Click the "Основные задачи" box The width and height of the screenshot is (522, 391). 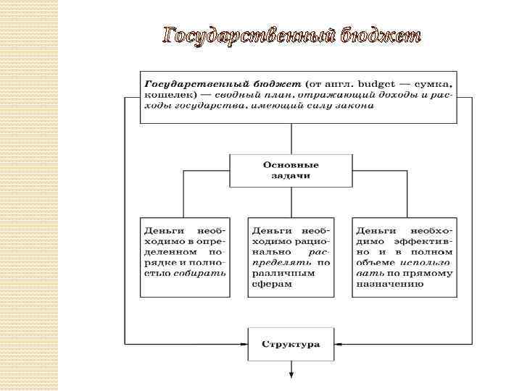pos(291,170)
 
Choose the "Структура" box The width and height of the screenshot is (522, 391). pos(291,345)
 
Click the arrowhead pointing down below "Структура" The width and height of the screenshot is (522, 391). pos(291,375)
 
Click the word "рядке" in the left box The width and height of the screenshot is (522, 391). pos(159,262)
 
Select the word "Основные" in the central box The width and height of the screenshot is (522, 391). pos(291,164)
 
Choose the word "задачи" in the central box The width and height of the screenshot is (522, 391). pos(291,176)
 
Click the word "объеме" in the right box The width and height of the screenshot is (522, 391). pos(376,262)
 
